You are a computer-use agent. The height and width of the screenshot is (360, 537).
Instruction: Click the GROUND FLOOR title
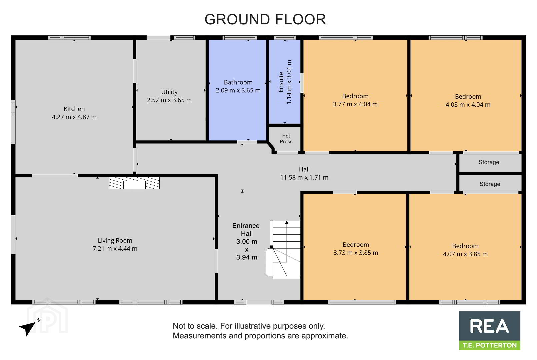pyautogui.click(x=265, y=19)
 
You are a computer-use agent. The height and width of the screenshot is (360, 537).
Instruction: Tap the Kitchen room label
pyautogui.click(x=74, y=109)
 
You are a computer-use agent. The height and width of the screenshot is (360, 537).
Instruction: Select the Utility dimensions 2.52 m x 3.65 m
pyautogui.click(x=169, y=100)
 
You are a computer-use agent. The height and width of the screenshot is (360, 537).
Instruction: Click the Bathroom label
pyautogui.click(x=238, y=82)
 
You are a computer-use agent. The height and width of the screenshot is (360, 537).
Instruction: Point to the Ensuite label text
pyautogui.click(x=281, y=82)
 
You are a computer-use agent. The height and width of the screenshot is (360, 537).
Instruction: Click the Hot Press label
pyautogui.click(x=286, y=139)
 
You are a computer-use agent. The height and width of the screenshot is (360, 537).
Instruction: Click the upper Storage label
pyautogui.click(x=489, y=162)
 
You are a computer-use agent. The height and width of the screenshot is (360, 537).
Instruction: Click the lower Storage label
pyautogui.click(x=490, y=184)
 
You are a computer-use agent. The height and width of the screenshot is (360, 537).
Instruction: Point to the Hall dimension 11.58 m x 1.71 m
pyautogui.click(x=304, y=178)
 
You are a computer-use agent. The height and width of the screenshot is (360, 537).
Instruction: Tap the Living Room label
pyautogui.click(x=115, y=241)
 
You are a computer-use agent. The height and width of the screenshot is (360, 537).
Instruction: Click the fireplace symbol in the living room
pyautogui.click(x=134, y=183)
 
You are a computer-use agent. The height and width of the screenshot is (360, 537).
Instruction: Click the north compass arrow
pyautogui.click(x=28, y=327)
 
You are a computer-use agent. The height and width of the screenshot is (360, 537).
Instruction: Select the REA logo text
pyautogui.click(x=489, y=326)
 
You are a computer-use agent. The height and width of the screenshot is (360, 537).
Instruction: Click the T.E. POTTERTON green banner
pyautogui.click(x=490, y=345)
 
